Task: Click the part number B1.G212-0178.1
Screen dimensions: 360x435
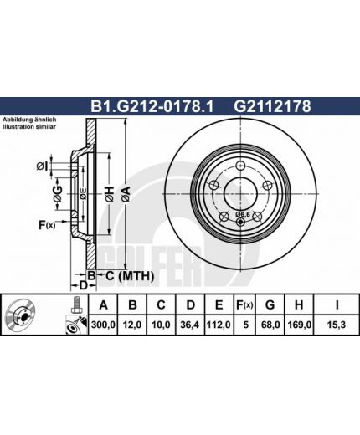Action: coord(152,106)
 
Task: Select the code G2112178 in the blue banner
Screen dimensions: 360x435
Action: coord(272,106)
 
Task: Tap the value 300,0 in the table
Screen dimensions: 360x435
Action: coord(103,325)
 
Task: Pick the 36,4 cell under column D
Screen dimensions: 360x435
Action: coord(190,325)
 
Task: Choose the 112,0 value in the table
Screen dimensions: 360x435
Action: coord(219,325)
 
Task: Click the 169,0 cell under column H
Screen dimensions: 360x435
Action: coord(299,325)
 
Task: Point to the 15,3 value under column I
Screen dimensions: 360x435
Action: coord(337,325)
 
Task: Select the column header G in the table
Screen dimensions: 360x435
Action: coord(270,305)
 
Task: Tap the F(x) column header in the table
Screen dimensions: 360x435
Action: coord(244,305)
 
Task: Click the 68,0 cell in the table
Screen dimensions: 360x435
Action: coord(270,325)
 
